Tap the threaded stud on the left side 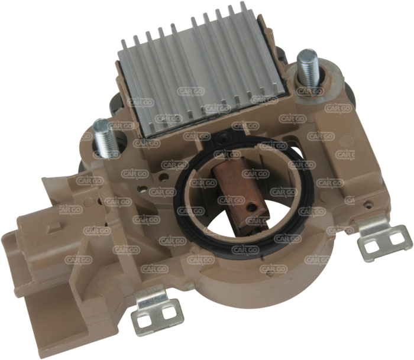[x=104, y=138]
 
